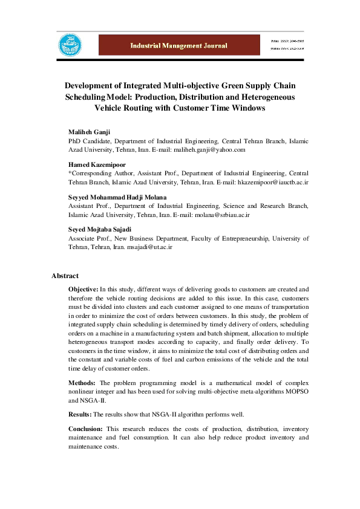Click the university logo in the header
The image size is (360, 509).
[x=68, y=45]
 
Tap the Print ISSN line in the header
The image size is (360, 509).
[x=287, y=40]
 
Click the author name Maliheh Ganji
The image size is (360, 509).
[x=90, y=132]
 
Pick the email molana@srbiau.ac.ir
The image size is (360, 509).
[x=222, y=214]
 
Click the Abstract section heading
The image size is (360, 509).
[x=65, y=276]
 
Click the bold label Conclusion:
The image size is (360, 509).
[x=87, y=429]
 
